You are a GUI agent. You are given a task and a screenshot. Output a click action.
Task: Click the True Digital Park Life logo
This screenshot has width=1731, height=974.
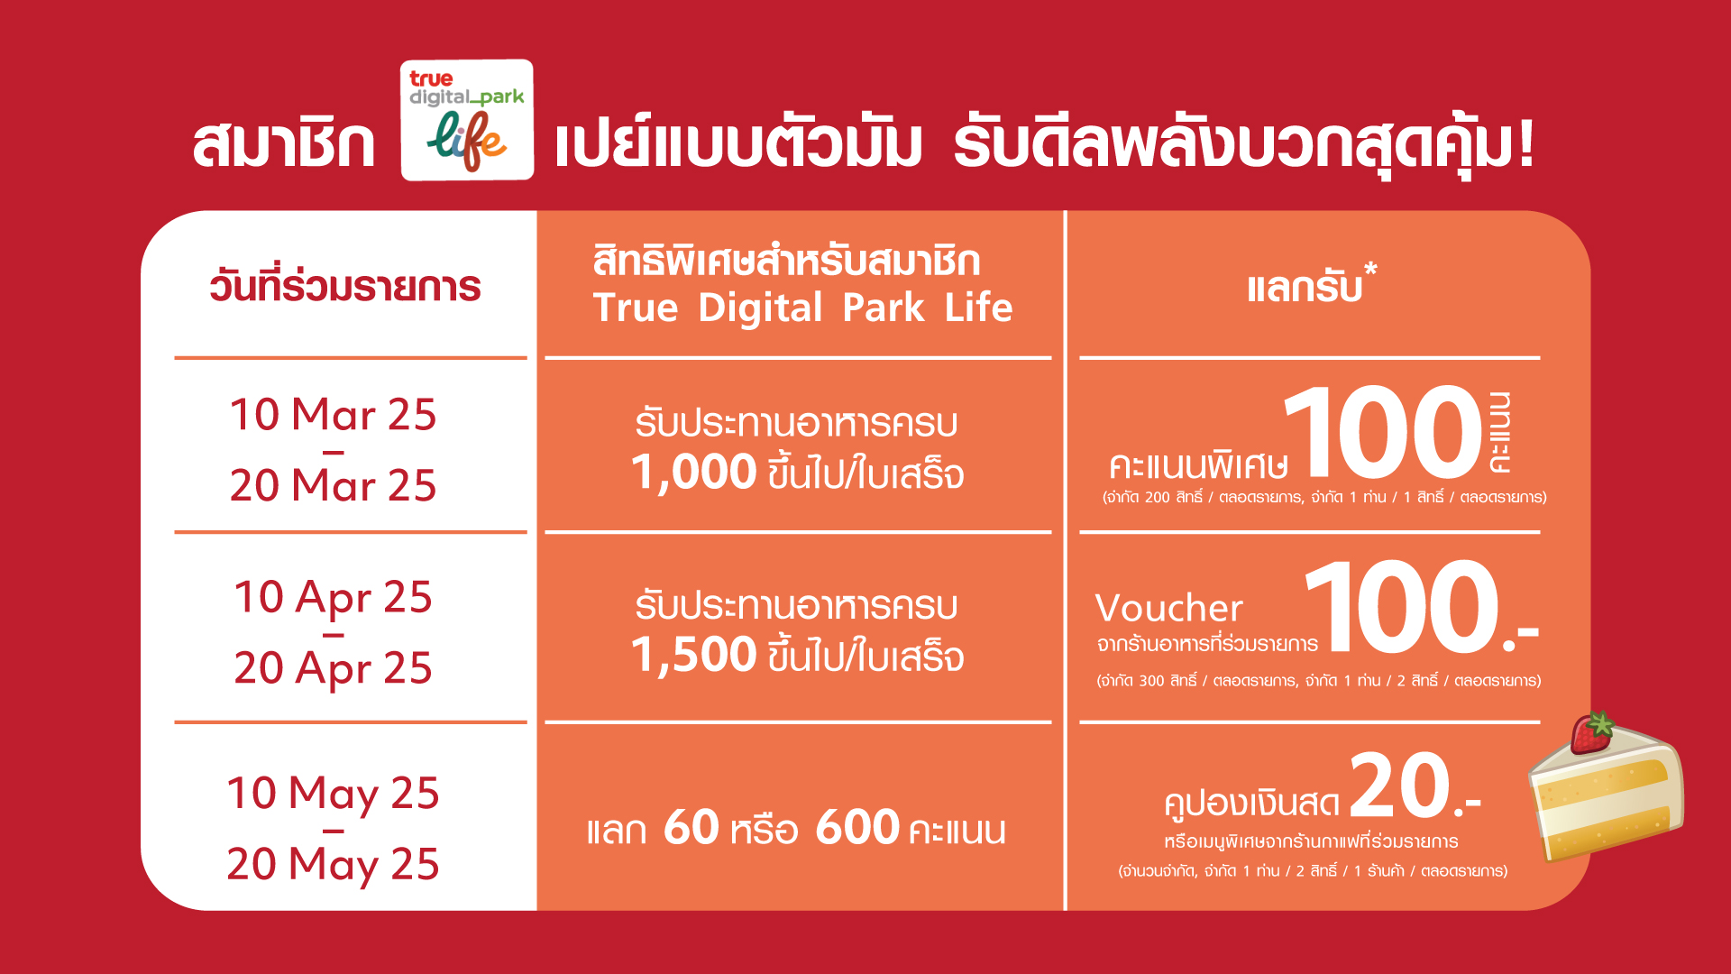point(467,120)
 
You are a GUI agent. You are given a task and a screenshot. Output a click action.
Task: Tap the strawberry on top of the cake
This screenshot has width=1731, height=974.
point(1593,732)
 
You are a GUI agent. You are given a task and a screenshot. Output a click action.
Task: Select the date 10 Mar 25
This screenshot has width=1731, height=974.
point(333,415)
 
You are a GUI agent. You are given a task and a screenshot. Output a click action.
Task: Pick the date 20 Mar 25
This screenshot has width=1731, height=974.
point(333,485)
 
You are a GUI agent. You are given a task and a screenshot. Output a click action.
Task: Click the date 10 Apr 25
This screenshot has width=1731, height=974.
point(333,598)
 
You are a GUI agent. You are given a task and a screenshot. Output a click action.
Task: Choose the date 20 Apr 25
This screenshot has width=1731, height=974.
point(333,669)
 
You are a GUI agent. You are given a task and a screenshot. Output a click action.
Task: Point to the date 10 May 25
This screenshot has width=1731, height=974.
point(333,795)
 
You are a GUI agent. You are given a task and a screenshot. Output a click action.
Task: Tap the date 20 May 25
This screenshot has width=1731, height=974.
point(333,865)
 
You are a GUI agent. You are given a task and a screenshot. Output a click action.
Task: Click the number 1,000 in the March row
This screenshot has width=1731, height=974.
point(693,472)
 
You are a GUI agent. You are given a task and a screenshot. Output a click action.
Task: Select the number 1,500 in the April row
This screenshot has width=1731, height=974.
point(693,655)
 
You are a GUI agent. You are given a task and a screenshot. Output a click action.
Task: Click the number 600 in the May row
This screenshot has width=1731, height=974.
point(857,827)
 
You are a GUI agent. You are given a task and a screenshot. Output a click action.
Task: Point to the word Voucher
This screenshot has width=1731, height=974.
point(1169,608)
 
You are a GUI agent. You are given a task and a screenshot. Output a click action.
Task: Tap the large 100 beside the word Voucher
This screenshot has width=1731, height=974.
point(1402,606)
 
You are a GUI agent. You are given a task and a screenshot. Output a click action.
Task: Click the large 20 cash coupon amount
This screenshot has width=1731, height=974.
point(1400,786)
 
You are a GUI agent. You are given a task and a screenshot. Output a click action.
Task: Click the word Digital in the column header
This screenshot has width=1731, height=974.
point(760,309)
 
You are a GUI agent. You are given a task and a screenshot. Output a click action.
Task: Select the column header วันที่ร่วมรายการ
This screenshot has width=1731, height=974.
point(345,286)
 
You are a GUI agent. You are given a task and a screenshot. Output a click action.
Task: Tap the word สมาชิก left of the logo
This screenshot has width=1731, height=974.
point(284,144)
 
